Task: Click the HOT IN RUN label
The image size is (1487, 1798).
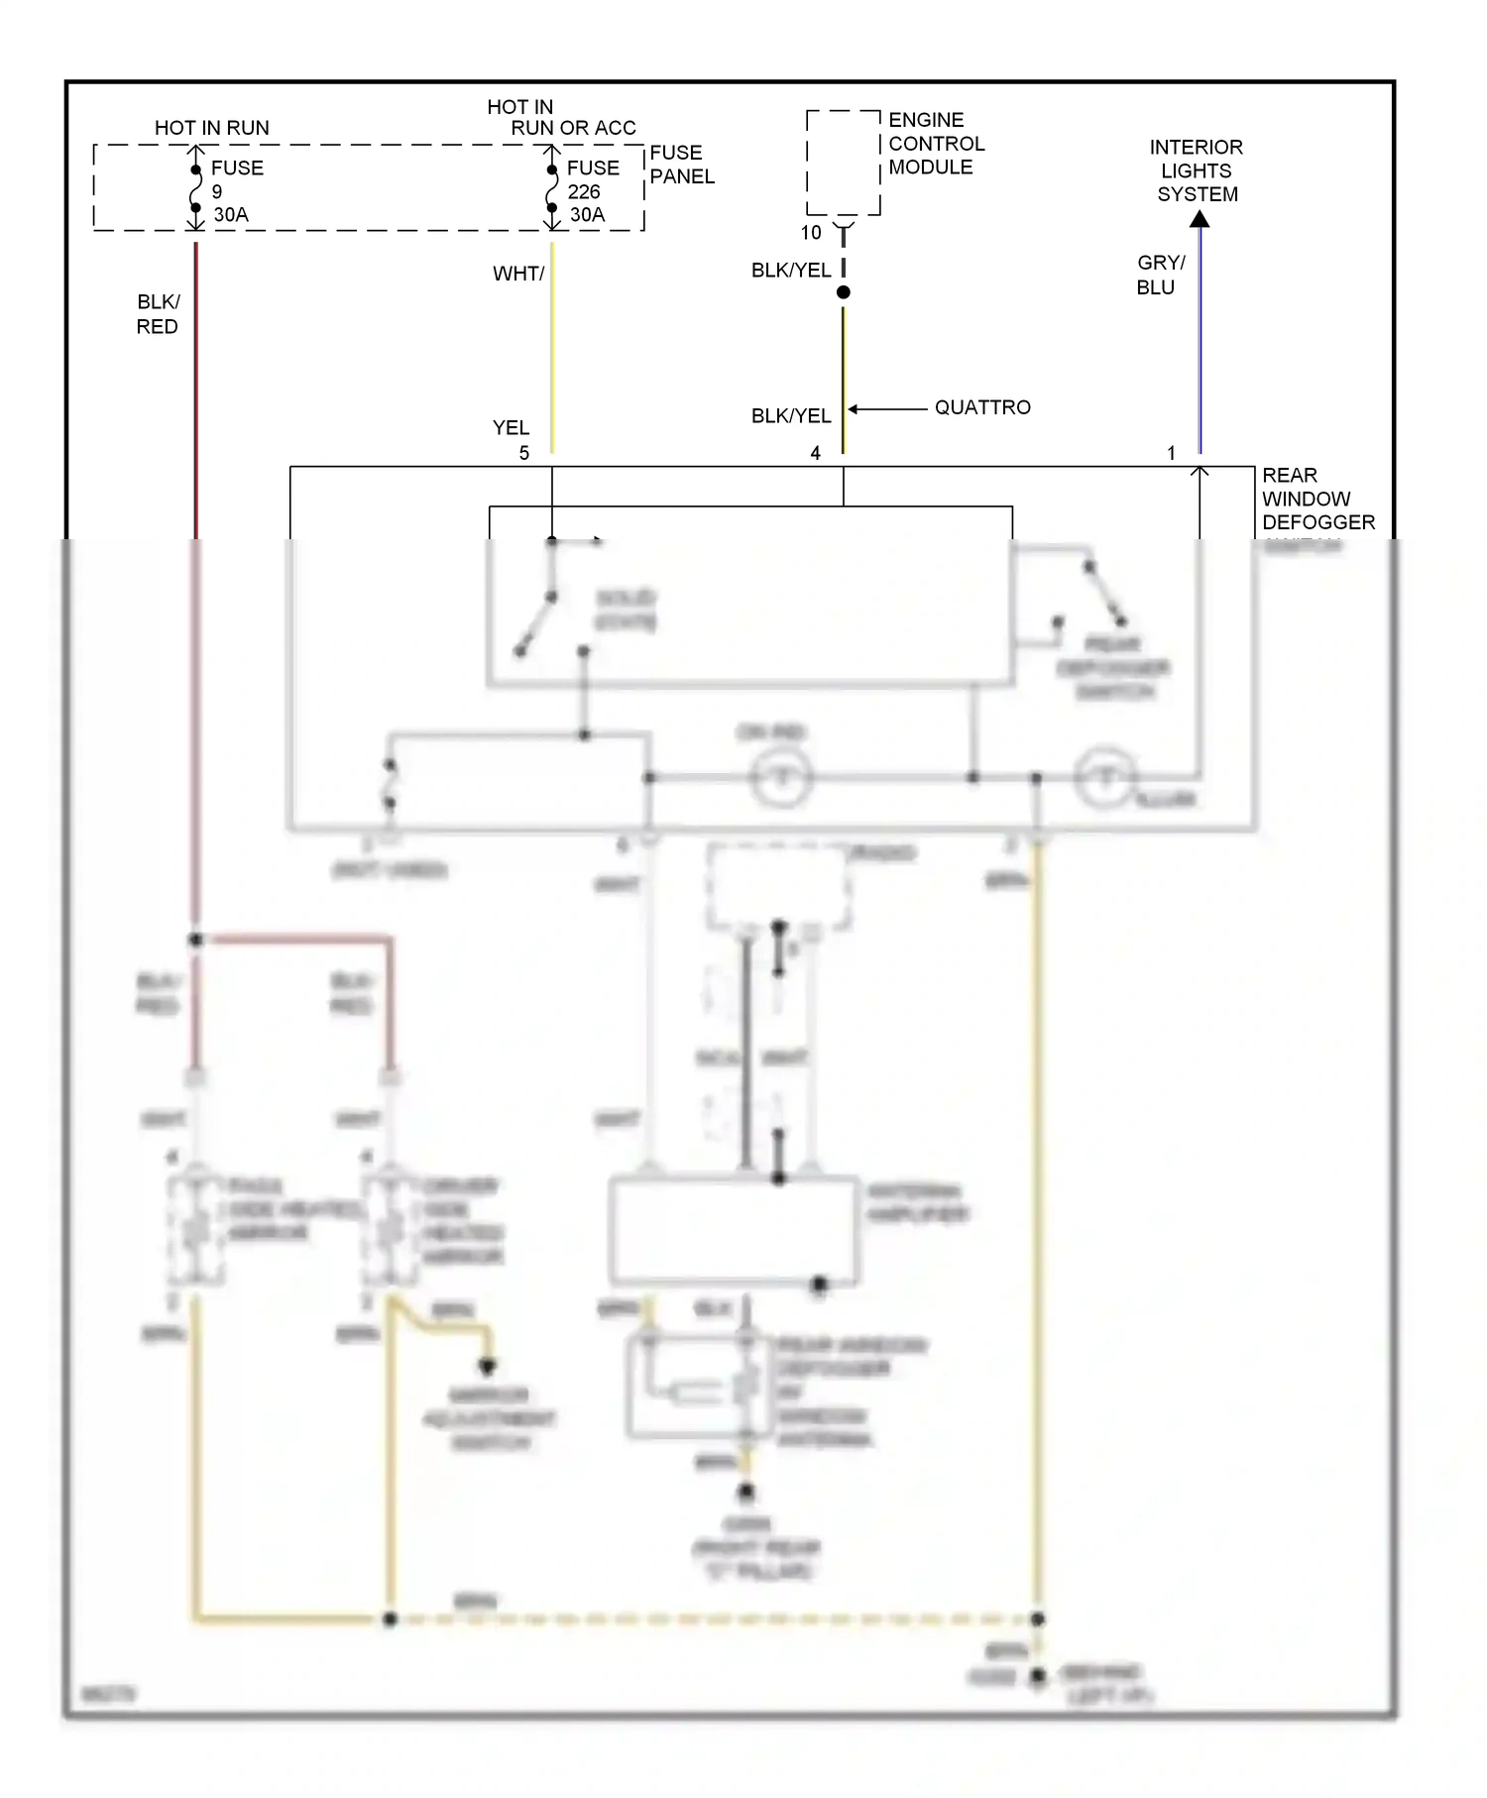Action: coord(211,128)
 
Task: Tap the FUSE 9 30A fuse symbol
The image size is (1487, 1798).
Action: coord(196,189)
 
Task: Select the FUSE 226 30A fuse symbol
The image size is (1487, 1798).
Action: coord(552,189)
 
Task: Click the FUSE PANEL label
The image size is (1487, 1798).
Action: coord(681,165)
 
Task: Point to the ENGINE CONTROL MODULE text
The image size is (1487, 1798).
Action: coord(935,144)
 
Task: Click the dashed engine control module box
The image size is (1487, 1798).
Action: coord(843,163)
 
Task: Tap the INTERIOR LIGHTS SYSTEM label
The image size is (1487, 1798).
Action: coord(1197,170)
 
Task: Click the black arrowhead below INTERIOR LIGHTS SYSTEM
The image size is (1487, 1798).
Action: coord(1200,219)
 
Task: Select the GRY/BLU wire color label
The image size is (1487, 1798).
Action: coord(1159,275)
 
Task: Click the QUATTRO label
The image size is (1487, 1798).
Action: coord(981,407)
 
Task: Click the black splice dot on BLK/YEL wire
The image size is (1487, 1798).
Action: coord(844,292)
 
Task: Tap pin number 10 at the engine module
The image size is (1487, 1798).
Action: coord(811,233)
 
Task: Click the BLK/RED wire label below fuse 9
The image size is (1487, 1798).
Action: coord(158,314)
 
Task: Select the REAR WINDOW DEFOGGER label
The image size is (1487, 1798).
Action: coord(1316,499)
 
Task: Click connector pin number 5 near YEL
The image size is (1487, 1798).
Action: coord(524,453)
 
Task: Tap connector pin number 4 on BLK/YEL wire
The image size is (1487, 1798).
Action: coord(815,453)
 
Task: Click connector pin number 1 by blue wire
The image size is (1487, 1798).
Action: coord(1171,453)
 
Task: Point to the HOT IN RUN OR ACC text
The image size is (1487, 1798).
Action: coord(560,117)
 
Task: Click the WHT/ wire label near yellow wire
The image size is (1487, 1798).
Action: coord(518,274)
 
